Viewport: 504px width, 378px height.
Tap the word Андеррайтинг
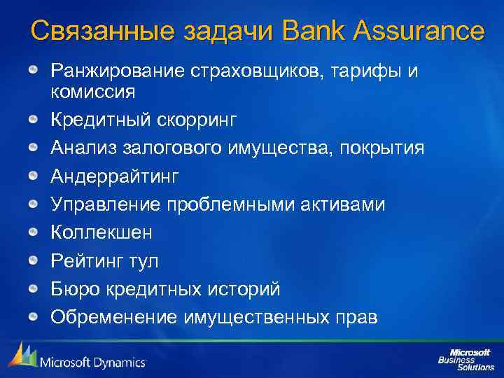click(x=115, y=176)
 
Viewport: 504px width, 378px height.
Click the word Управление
click(x=106, y=204)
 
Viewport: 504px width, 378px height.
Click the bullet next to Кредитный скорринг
click(x=33, y=120)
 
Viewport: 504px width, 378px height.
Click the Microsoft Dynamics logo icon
click(x=22, y=356)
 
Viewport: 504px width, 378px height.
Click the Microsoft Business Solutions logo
click(x=465, y=358)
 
